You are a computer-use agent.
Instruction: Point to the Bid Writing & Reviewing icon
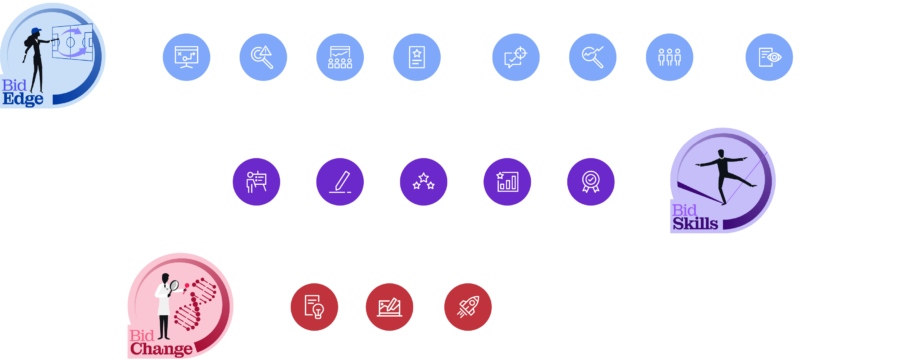[x=339, y=182]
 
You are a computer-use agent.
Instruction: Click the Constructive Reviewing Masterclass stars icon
[x=423, y=182]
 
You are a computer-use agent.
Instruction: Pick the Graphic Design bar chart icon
[x=507, y=182]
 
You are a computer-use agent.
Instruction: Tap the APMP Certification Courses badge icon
[x=590, y=182]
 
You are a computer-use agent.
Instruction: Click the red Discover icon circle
[x=314, y=308]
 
